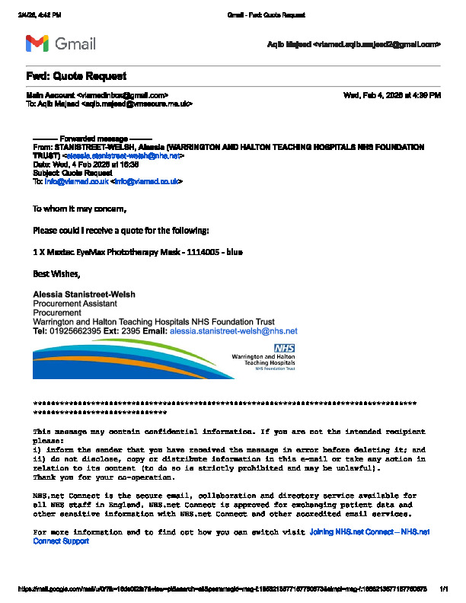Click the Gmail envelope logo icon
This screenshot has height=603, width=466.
tap(37, 43)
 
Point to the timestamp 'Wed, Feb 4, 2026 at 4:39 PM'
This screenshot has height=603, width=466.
tap(392, 95)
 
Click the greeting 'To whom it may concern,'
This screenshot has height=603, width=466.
tap(79, 208)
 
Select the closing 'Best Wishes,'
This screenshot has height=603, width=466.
tap(55, 273)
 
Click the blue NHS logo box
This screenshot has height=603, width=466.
tap(284, 348)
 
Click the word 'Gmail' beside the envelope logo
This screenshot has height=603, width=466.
tap(75, 43)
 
